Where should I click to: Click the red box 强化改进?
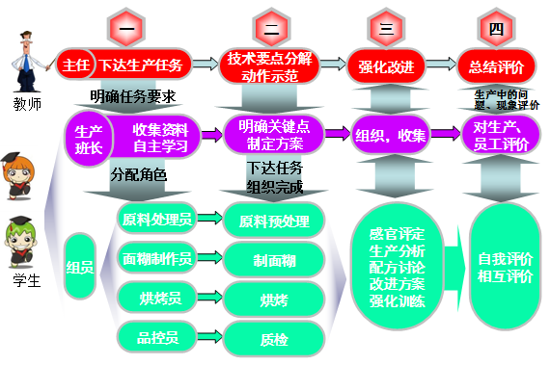tap(385, 65)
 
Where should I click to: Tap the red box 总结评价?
tap(496, 65)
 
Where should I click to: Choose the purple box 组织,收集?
tap(391, 136)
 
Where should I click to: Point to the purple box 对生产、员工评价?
tap(500, 136)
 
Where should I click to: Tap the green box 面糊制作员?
tap(157, 259)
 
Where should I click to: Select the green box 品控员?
tap(157, 335)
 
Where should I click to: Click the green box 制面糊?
tap(273, 259)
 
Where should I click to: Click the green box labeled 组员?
tap(80, 267)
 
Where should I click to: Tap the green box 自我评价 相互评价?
tap(505, 267)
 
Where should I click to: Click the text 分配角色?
tap(138, 175)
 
